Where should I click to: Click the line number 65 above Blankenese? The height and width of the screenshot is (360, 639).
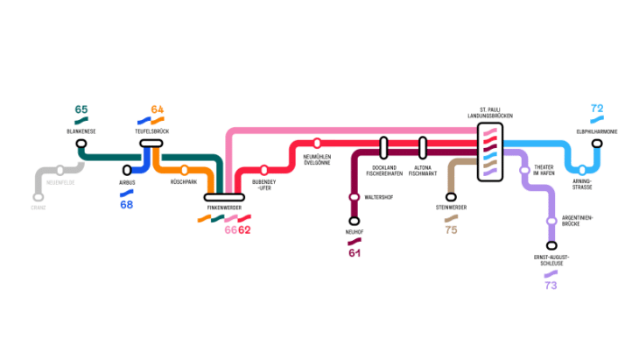(81, 109)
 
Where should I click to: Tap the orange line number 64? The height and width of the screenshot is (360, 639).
(158, 109)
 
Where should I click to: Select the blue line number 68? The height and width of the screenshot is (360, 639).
(127, 205)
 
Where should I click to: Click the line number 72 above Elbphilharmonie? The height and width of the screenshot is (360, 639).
(597, 109)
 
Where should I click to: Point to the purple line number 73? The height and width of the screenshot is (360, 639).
(551, 286)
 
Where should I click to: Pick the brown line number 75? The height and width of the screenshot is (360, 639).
(451, 229)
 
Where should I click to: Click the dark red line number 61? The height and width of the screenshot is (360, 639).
(355, 253)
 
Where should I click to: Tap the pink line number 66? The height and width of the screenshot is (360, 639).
(230, 229)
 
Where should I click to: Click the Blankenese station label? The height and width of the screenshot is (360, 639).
(81, 131)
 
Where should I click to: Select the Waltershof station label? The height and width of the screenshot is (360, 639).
(379, 197)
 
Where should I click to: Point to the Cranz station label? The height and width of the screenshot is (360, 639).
(39, 208)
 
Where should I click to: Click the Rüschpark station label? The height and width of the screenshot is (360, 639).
(183, 181)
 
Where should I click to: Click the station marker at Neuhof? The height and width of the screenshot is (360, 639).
(355, 221)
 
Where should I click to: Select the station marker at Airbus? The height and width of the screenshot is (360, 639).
(127, 170)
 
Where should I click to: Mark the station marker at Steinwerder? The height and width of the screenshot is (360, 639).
(451, 197)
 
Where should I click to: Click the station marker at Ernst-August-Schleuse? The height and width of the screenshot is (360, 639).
(551, 246)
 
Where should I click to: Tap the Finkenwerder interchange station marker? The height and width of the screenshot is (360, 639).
(222, 196)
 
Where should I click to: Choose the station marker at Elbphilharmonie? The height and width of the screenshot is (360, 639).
(598, 143)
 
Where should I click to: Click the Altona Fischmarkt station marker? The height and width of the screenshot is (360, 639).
(422, 146)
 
